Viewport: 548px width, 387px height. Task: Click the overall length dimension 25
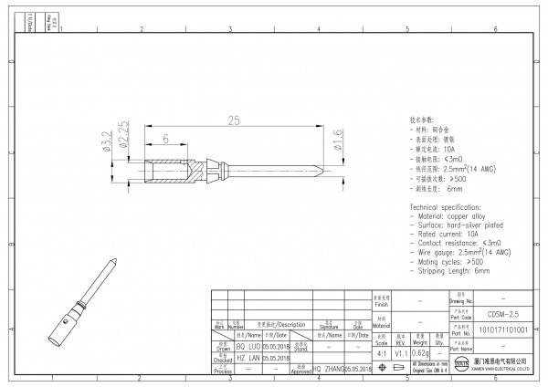[234, 120]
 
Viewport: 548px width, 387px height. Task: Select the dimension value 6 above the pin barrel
[166, 139]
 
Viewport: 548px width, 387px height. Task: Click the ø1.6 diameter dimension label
[337, 142]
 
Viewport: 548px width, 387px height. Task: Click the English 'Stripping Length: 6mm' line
[454, 271]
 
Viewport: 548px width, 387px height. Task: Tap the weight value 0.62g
[420, 352]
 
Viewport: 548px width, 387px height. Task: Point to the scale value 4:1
[380, 352]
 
